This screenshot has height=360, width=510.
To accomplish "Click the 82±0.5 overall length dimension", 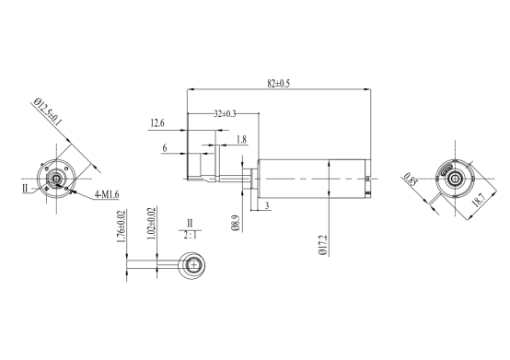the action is [278, 84].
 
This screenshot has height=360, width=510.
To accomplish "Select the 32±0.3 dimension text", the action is [225, 113].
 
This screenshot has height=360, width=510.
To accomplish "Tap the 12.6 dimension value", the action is [157, 123].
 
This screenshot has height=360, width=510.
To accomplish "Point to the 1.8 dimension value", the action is [241, 140].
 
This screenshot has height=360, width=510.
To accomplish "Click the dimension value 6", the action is [165, 148].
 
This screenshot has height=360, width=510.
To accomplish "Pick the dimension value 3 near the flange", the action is [267, 205].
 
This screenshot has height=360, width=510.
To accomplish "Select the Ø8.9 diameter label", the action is [237, 223].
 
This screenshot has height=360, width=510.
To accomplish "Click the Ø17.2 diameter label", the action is [322, 245].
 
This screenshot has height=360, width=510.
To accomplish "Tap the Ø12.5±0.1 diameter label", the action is [48, 111].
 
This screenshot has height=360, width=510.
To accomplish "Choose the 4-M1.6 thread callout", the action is [107, 194].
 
